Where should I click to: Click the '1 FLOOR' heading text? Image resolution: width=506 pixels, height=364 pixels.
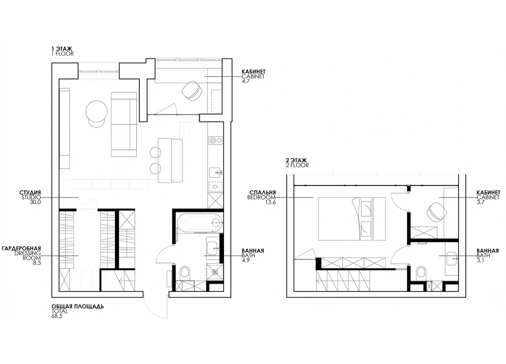click(x=63, y=54)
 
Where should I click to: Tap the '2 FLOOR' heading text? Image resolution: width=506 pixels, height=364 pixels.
click(x=297, y=165)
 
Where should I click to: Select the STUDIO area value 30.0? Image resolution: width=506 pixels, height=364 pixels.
click(x=35, y=202)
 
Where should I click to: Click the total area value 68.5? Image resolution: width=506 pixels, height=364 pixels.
click(x=57, y=316)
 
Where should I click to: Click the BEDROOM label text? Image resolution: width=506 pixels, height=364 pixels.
click(x=261, y=197)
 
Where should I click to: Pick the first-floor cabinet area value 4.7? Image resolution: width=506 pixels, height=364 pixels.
click(x=246, y=81)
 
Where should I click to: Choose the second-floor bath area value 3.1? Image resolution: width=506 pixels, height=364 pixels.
click(x=480, y=260)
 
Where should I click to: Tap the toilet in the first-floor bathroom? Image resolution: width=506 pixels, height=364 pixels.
click(x=185, y=273)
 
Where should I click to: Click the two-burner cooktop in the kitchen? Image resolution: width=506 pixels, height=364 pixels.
click(x=216, y=140)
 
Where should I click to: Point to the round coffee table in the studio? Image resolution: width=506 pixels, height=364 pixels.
click(x=97, y=112)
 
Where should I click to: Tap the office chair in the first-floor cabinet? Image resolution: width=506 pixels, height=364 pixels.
click(x=192, y=91)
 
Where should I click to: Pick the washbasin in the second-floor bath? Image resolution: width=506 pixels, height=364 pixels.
click(x=451, y=258)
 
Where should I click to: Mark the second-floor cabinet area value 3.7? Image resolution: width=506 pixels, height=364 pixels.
click(x=481, y=202)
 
